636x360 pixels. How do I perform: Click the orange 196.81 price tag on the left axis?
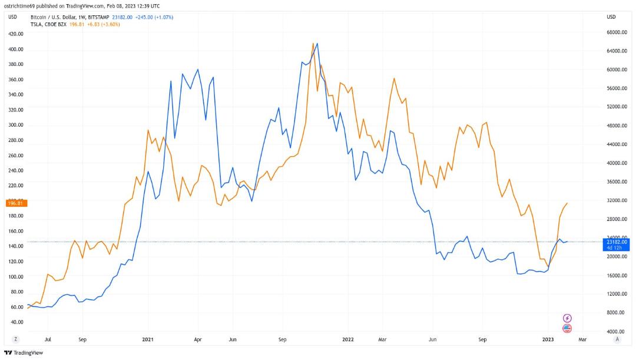16,203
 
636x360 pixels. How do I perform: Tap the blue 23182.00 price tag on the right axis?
616,245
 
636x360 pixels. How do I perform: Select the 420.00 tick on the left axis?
16,34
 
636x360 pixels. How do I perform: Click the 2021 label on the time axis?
148,339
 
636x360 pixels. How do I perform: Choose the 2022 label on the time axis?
348,339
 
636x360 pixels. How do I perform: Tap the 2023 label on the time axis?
548,339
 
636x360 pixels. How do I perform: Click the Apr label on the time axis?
197,339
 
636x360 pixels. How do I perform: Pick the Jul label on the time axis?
48,339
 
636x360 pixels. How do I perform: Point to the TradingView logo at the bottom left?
24,353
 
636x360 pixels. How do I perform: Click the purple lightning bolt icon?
567,318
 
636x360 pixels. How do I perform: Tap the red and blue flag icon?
567,328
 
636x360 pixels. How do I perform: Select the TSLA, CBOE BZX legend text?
49,24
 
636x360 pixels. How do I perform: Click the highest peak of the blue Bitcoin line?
317,43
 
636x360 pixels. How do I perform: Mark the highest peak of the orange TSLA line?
313,43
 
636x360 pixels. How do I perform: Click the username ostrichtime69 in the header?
19,6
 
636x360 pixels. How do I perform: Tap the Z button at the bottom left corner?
15,339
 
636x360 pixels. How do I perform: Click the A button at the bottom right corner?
617,339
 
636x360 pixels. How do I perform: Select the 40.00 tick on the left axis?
16,322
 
